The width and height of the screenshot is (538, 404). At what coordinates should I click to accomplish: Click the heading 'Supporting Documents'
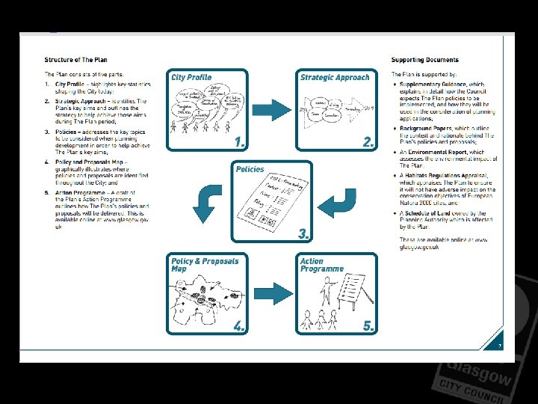click(424, 59)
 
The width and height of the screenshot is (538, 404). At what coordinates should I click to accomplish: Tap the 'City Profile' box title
click(191, 77)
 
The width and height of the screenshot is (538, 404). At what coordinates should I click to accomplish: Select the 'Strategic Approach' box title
click(335, 77)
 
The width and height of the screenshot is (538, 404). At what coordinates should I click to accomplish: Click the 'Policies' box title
click(250, 169)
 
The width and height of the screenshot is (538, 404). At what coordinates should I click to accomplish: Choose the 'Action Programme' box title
click(321, 265)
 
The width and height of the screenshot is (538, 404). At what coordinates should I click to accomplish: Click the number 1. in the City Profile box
click(239, 141)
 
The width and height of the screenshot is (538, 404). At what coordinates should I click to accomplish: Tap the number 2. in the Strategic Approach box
click(368, 141)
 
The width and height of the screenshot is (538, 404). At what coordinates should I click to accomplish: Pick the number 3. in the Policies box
click(303, 233)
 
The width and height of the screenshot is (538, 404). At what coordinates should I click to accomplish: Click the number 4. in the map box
click(239, 325)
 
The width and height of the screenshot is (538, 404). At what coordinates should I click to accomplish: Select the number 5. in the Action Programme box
click(368, 325)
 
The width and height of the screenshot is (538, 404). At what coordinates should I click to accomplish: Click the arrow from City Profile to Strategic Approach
click(275, 109)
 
